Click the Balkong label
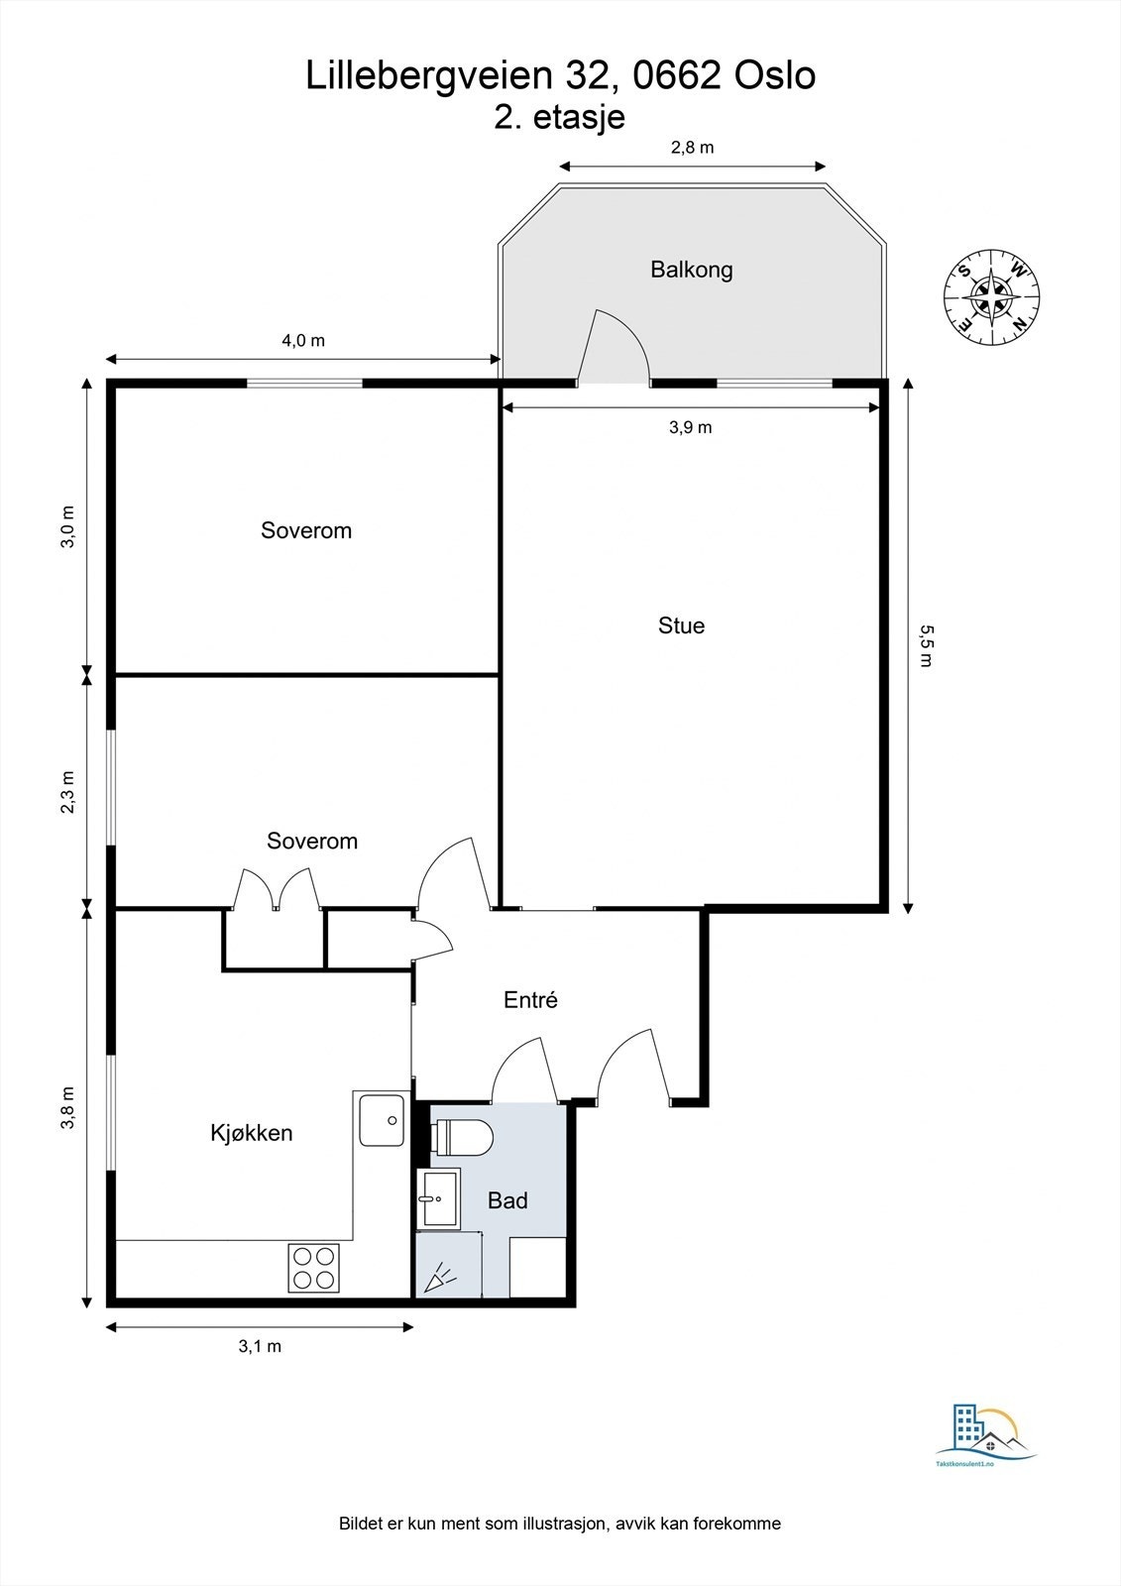click(x=691, y=270)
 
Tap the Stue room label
click(x=681, y=625)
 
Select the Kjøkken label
click(x=252, y=1133)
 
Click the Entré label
click(x=530, y=1000)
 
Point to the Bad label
click(x=507, y=1200)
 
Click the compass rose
click(x=991, y=297)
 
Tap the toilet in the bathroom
click(x=462, y=1138)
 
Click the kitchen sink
click(x=382, y=1121)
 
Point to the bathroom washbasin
click(x=440, y=1198)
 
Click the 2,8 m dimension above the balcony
click(x=692, y=148)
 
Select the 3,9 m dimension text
click(x=691, y=427)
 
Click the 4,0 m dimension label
click(x=303, y=341)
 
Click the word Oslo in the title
click(x=775, y=75)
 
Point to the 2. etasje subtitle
click(x=559, y=118)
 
